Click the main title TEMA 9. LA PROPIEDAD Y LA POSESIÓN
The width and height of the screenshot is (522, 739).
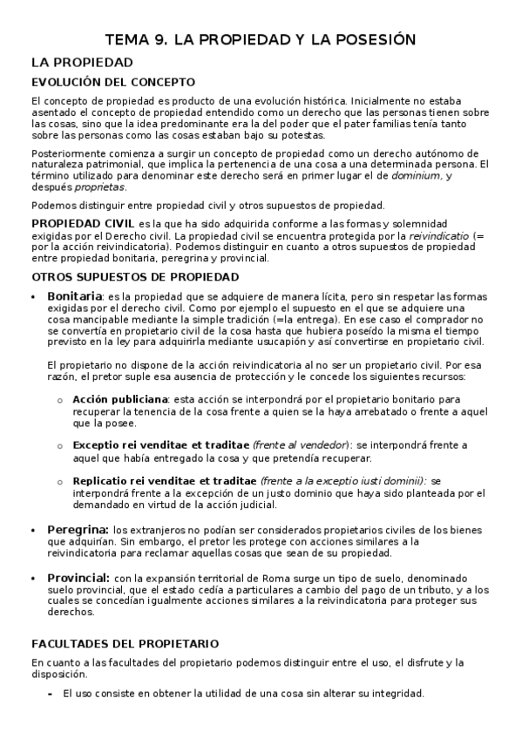(261, 39)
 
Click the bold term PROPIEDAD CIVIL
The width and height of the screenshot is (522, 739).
(83, 224)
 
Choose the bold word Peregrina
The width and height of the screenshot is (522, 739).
(78, 529)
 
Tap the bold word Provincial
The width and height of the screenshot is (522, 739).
(78, 577)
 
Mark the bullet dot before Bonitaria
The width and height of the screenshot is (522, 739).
(33, 296)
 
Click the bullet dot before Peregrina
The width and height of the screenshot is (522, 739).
(33, 530)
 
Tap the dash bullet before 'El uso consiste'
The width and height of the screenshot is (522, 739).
(50, 694)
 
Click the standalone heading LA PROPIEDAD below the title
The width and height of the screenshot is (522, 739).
(81, 63)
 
